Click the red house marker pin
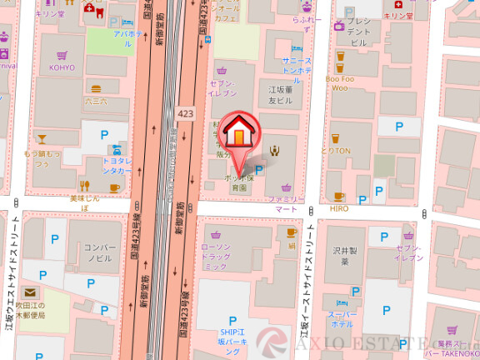[x=239, y=134]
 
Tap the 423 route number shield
[x=185, y=112]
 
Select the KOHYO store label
[x=62, y=67]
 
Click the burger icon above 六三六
[x=96, y=87]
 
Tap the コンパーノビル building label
[x=98, y=253]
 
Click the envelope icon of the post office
[x=30, y=292]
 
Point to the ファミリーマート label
[x=286, y=204]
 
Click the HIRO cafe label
[x=339, y=208]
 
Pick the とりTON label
[x=336, y=151]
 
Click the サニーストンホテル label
[x=297, y=66]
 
